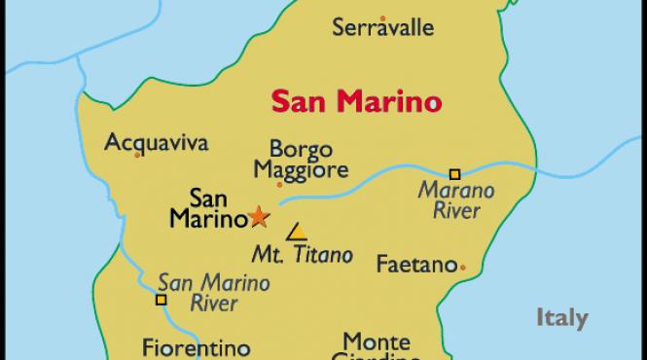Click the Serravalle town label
pos(382,27)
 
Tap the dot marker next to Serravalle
pos(382,17)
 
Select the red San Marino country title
pos(354,100)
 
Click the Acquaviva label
pos(156,142)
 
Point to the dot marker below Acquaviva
pos(137,155)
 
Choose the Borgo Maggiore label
pos(301,161)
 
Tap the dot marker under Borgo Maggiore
pos(279,183)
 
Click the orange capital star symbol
pos(259,216)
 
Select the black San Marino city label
pos(206,207)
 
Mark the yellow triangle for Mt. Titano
pos(296,233)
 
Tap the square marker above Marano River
pos(453,172)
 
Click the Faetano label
pos(415,264)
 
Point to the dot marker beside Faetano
pos(462,267)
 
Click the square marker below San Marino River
pos(161,300)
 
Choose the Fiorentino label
pos(196,347)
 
